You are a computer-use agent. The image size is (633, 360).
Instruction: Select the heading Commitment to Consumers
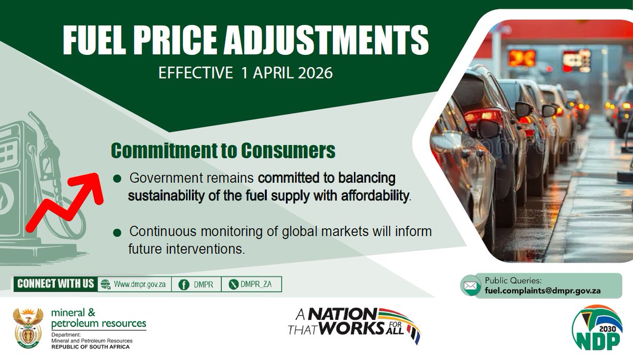[223, 151]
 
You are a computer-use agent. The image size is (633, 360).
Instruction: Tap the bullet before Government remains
[118, 178]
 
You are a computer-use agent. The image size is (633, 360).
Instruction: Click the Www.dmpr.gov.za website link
[140, 284]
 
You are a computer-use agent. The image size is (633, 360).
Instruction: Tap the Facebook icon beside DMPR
[184, 284]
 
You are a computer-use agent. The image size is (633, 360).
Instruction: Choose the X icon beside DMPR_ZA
[234, 284]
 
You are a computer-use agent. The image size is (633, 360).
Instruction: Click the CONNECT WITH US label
[55, 284]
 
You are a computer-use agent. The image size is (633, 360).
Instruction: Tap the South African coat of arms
[28, 328]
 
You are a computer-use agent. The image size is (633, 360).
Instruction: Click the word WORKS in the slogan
[357, 328]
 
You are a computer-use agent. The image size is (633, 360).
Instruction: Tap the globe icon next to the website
[105, 284]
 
